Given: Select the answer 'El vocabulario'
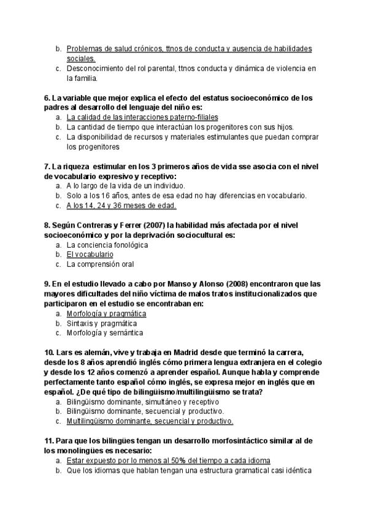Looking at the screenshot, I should tap(90, 254).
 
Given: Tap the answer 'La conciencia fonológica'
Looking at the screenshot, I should tap(107, 244).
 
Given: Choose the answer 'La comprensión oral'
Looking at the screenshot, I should tap(100, 264).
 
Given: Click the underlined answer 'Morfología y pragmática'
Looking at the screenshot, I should tap(106, 313).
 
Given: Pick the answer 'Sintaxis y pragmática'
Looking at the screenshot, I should tap(102, 323).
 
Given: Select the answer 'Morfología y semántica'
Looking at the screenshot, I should tap(104, 333).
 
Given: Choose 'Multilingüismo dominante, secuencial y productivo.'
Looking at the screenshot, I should tap(150, 421).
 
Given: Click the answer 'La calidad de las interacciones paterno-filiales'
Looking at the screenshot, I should tap(142, 117).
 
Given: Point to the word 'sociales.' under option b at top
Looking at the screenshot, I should tap(81, 58).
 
